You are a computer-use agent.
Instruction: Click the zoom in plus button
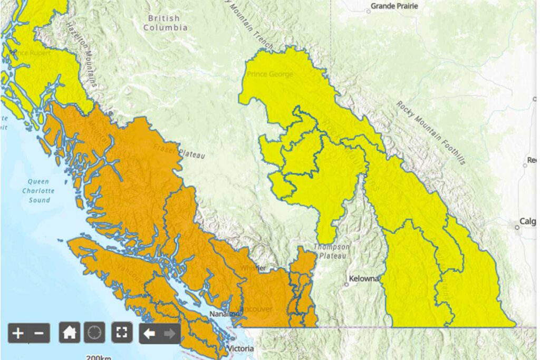tap(18, 333)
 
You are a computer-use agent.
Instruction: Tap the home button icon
tap(69, 333)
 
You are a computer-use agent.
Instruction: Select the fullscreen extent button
tap(122, 333)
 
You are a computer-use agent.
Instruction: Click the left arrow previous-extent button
tap(150, 333)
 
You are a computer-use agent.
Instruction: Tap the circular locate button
tap(94, 333)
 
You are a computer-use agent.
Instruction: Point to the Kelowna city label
tap(364, 278)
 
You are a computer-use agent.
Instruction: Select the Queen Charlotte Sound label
tap(39, 191)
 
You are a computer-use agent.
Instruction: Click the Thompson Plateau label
tap(331, 251)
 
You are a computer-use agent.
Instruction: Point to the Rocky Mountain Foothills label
tap(431, 132)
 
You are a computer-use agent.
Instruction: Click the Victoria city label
tap(241, 349)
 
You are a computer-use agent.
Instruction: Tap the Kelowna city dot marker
tap(346, 284)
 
